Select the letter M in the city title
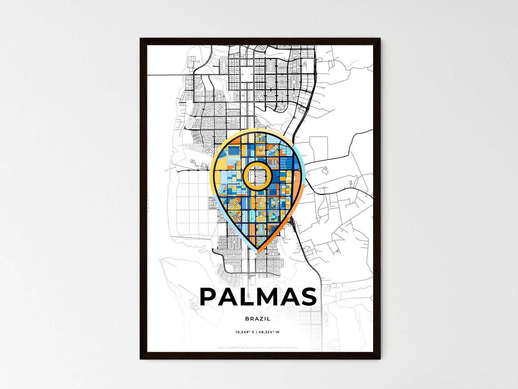(x=267, y=297)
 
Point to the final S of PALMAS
(x=308, y=297)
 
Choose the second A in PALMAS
(x=289, y=297)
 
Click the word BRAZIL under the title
(x=258, y=319)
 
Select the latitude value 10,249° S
(x=245, y=332)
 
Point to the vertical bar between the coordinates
(x=256, y=332)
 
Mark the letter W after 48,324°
(x=277, y=332)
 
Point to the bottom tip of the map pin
(x=257, y=252)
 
